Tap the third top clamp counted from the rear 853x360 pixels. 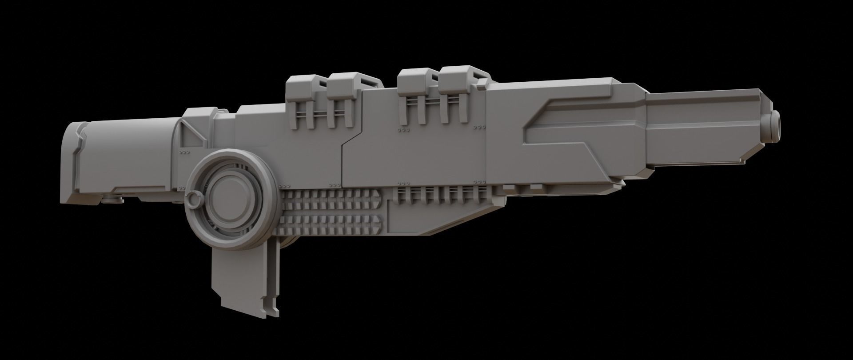414,89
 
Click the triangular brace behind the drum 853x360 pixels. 191,133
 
